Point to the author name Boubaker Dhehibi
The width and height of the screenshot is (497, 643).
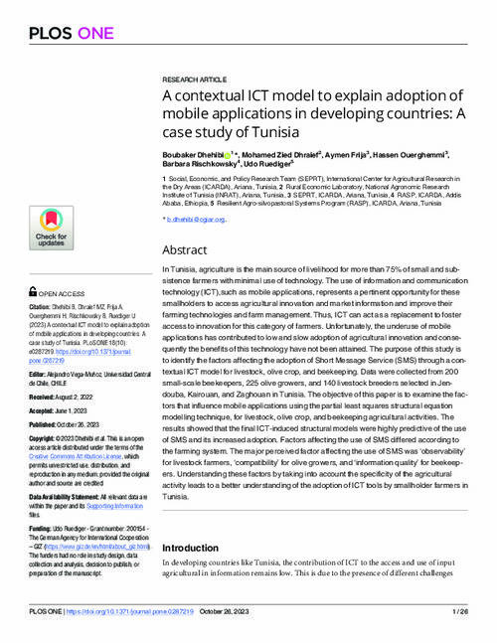(x=193, y=155)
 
